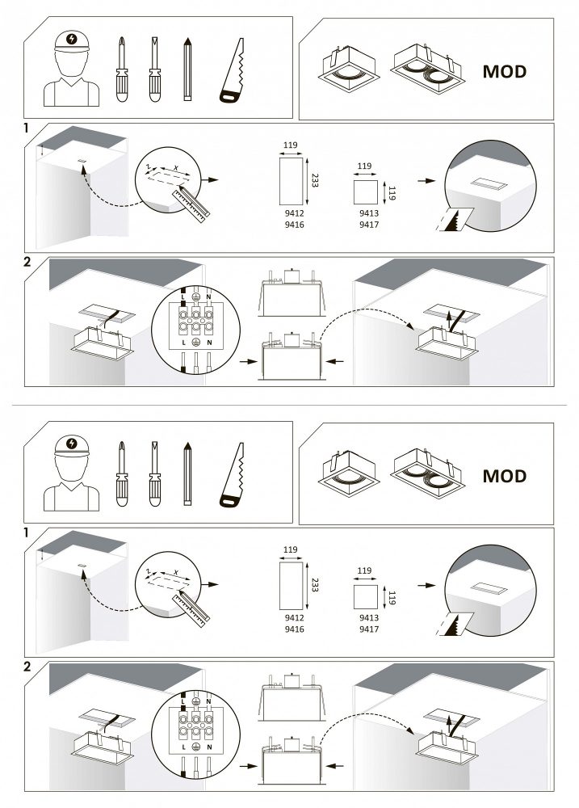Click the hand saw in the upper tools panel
pyautogui.click(x=232, y=72)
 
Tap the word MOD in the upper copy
pyautogui.click(x=505, y=72)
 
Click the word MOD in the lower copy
pyautogui.click(x=505, y=476)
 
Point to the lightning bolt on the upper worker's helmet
pyautogui.click(x=72, y=39)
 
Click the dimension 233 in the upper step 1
pyautogui.click(x=315, y=180)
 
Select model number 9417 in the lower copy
pyautogui.click(x=369, y=629)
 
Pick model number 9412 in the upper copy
pyautogui.click(x=294, y=213)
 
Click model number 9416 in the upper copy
pyautogui.click(x=294, y=225)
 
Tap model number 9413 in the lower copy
pyautogui.click(x=369, y=617)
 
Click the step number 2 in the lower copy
pyautogui.click(x=27, y=667)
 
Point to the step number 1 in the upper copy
pyautogui.click(x=27, y=128)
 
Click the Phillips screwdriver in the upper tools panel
pyautogui.click(x=122, y=69)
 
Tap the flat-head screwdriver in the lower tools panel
pyautogui.click(x=154, y=473)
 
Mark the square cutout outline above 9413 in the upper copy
pyautogui.click(x=365, y=192)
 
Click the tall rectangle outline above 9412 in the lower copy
pyautogui.click(x=291, y=585)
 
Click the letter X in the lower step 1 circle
pyautogui.click(x=176, y=573)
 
